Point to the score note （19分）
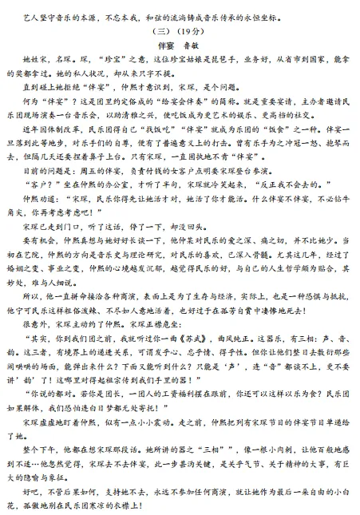[192, 31]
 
